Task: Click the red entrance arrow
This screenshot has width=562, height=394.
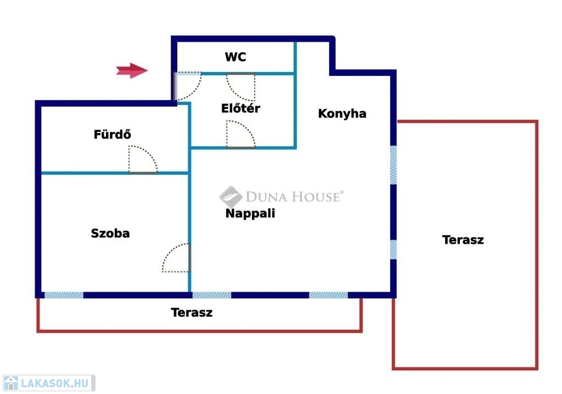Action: tap(132, 70)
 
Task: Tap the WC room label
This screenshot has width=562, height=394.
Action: tap(235, 57)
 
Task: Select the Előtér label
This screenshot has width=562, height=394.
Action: tap(240, 108)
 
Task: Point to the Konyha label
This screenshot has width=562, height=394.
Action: tap(342, 113)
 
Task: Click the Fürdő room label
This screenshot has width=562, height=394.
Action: tap(112, 134)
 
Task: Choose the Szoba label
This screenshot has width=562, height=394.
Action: tap(110, 233)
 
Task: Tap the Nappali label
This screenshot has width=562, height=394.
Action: tap(250, 213)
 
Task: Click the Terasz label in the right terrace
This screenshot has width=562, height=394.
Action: tap(463, 240)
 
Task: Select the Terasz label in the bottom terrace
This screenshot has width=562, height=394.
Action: tap(192, 312)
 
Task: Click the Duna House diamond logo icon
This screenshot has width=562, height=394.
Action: tap(231, 197)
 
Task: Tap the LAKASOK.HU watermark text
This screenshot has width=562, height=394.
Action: tap(54, 383)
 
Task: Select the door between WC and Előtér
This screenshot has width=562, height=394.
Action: tap(240, 87)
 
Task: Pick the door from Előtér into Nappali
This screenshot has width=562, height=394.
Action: tap(240, 134)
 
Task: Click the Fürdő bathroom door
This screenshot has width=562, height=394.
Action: tap(143, 159)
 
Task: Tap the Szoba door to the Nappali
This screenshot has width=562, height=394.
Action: tap(175, 257)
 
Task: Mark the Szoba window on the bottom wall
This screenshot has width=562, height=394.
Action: tap(64, 295)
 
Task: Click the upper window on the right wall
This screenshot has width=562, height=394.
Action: tap(393, 165)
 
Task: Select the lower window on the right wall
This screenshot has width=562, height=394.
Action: tap(393, 249)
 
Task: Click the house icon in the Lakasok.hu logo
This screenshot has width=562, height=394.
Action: tap(11, 383)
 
